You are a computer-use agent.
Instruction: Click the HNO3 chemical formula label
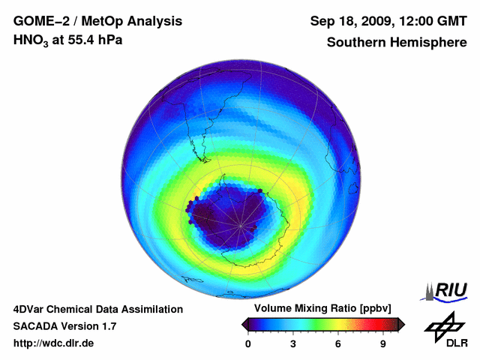(x=32, y=40)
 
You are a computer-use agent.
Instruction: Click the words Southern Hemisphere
(x=396, y=42)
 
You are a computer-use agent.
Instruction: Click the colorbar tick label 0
(x=248, y=344)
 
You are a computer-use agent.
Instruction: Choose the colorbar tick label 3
(x=293, y=344)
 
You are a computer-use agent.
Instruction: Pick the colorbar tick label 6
(x=338, y=344)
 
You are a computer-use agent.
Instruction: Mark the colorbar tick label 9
(x=383, y=344)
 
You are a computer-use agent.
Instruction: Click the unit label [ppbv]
(x=373, y=308)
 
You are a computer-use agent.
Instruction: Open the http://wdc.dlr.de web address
(x=54, y=343)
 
